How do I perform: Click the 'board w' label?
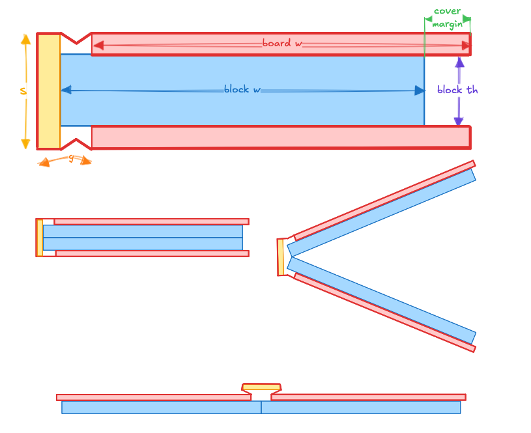point(281,44)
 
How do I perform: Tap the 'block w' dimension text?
point(242,89)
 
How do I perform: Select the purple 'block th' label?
point(457,91)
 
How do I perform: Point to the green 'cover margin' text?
point(448,18)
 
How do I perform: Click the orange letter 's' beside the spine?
point(23,92)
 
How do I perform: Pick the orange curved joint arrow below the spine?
point(65,159)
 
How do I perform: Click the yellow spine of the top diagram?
point(49,91)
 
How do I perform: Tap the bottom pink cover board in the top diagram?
point(280,137)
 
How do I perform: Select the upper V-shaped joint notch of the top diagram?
point(76,39)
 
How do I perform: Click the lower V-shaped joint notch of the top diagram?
point(76,144)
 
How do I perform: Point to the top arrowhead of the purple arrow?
point(459,63)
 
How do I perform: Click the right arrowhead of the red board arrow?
point(466,46)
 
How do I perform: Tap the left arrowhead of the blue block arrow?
point(66,90)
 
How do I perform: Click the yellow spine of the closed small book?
point(40,238)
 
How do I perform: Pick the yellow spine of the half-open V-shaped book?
point(281,257)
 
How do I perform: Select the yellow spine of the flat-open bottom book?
point(261,387)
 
